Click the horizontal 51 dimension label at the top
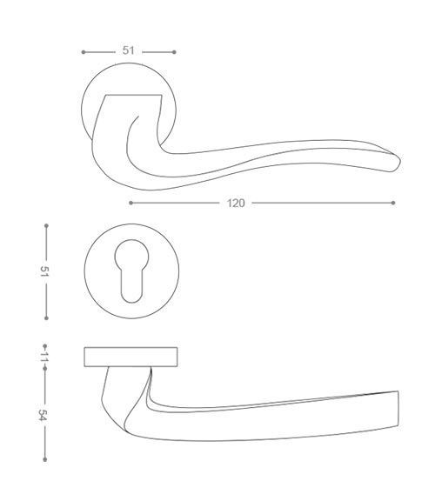tap(128, 50)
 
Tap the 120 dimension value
tap(236, 204)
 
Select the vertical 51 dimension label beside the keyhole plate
tap(44, 271)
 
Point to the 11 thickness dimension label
tap(44, 357)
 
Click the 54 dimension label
tap(43, 415)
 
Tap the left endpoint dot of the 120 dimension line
tap(130, 203)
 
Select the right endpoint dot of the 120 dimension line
tap(393, 203)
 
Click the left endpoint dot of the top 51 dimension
tap(84, 52)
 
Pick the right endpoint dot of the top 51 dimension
tap(174, 52)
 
